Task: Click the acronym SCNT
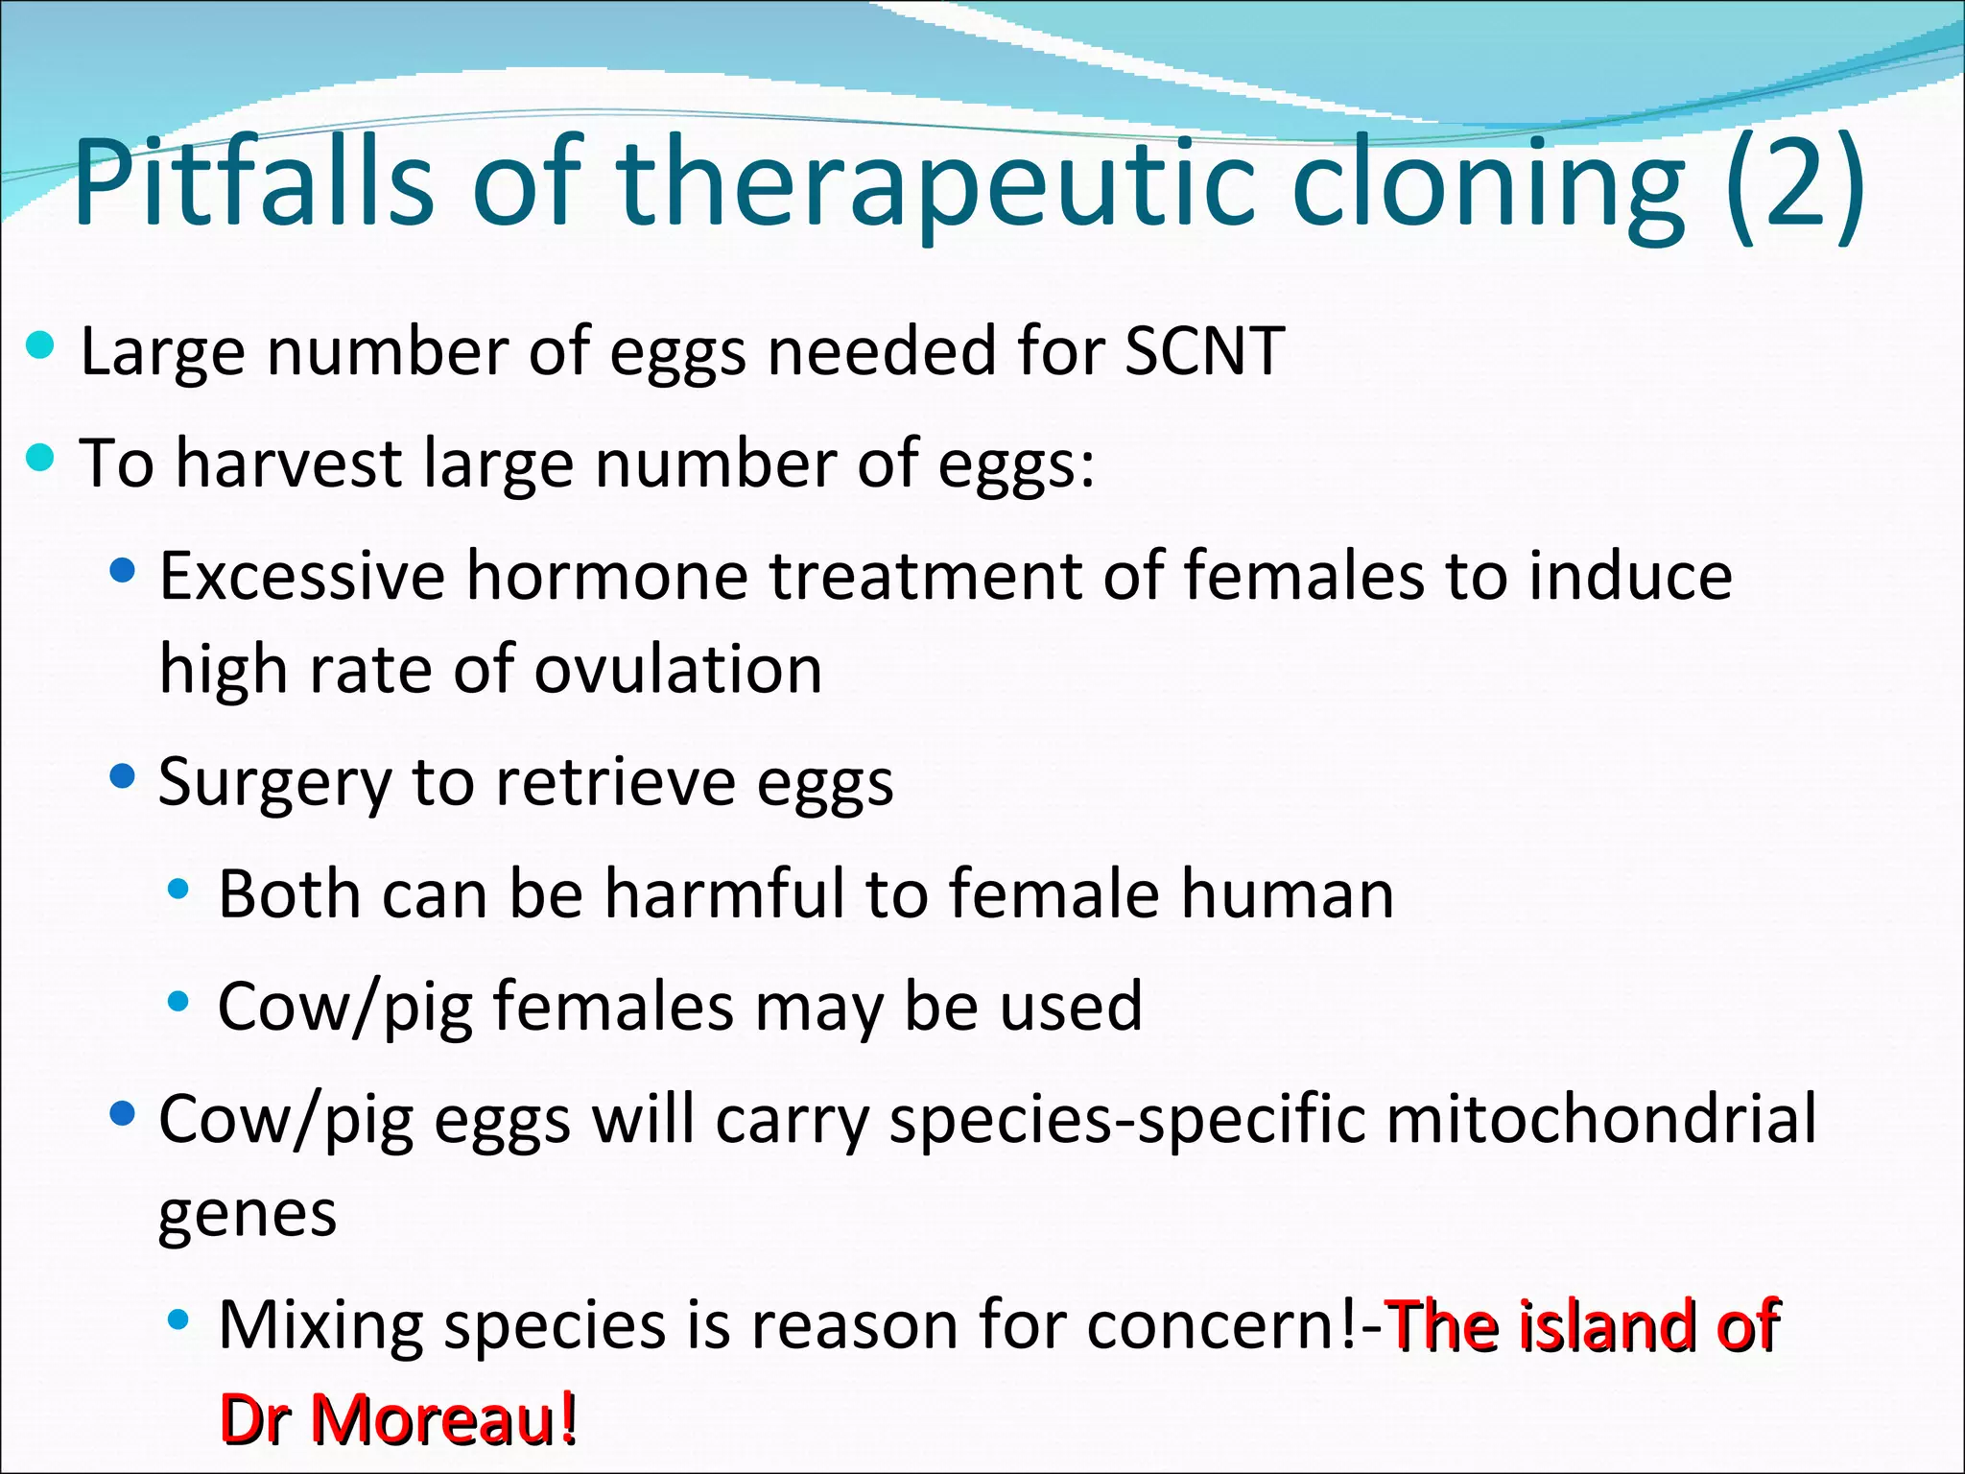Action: (x=1204, y=351)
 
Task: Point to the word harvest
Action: (x=288, y=464)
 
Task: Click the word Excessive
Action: (x=302, y=576)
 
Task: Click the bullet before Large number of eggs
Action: (x=40, y=346)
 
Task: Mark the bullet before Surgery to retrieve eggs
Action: (x=123, y=776)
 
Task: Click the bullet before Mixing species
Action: (x=178, y=1320)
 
